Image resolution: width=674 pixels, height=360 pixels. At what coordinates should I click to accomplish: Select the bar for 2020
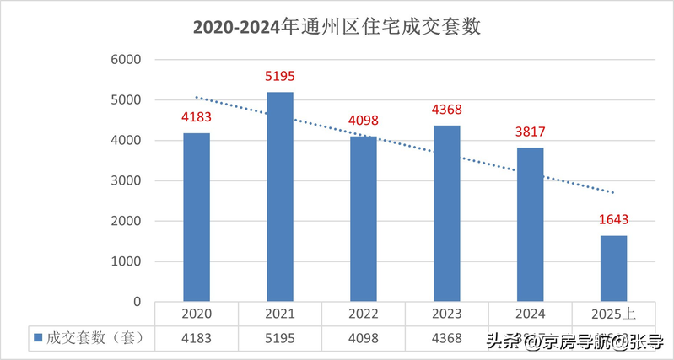pos(197,218)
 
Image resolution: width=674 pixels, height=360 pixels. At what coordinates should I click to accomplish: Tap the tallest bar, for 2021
pos(280,196)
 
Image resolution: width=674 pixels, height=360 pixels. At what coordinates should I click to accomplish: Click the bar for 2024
pos(530,224)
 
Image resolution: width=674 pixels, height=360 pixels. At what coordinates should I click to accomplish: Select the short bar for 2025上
pos(613,268)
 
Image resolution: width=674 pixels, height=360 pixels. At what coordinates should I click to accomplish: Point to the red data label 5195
pos(280,78)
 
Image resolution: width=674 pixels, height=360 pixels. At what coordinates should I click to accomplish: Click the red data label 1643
pos(613,221)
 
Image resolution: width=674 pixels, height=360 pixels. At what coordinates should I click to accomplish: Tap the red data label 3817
pos(530,132)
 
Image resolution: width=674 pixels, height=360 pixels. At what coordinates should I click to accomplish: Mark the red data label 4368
pos(447,110)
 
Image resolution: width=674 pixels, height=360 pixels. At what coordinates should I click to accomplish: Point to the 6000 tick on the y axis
pos(124,60)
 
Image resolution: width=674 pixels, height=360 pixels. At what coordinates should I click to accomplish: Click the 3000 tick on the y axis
pos(124,180)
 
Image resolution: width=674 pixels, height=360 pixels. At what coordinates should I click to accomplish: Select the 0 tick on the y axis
pos(136,302)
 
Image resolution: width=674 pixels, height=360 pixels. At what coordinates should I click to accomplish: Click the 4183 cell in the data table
pos(197,338)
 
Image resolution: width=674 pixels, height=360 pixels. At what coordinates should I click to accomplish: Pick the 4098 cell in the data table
pos(364,338)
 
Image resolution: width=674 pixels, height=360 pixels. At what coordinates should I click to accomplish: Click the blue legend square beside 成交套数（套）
pos(38,339)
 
